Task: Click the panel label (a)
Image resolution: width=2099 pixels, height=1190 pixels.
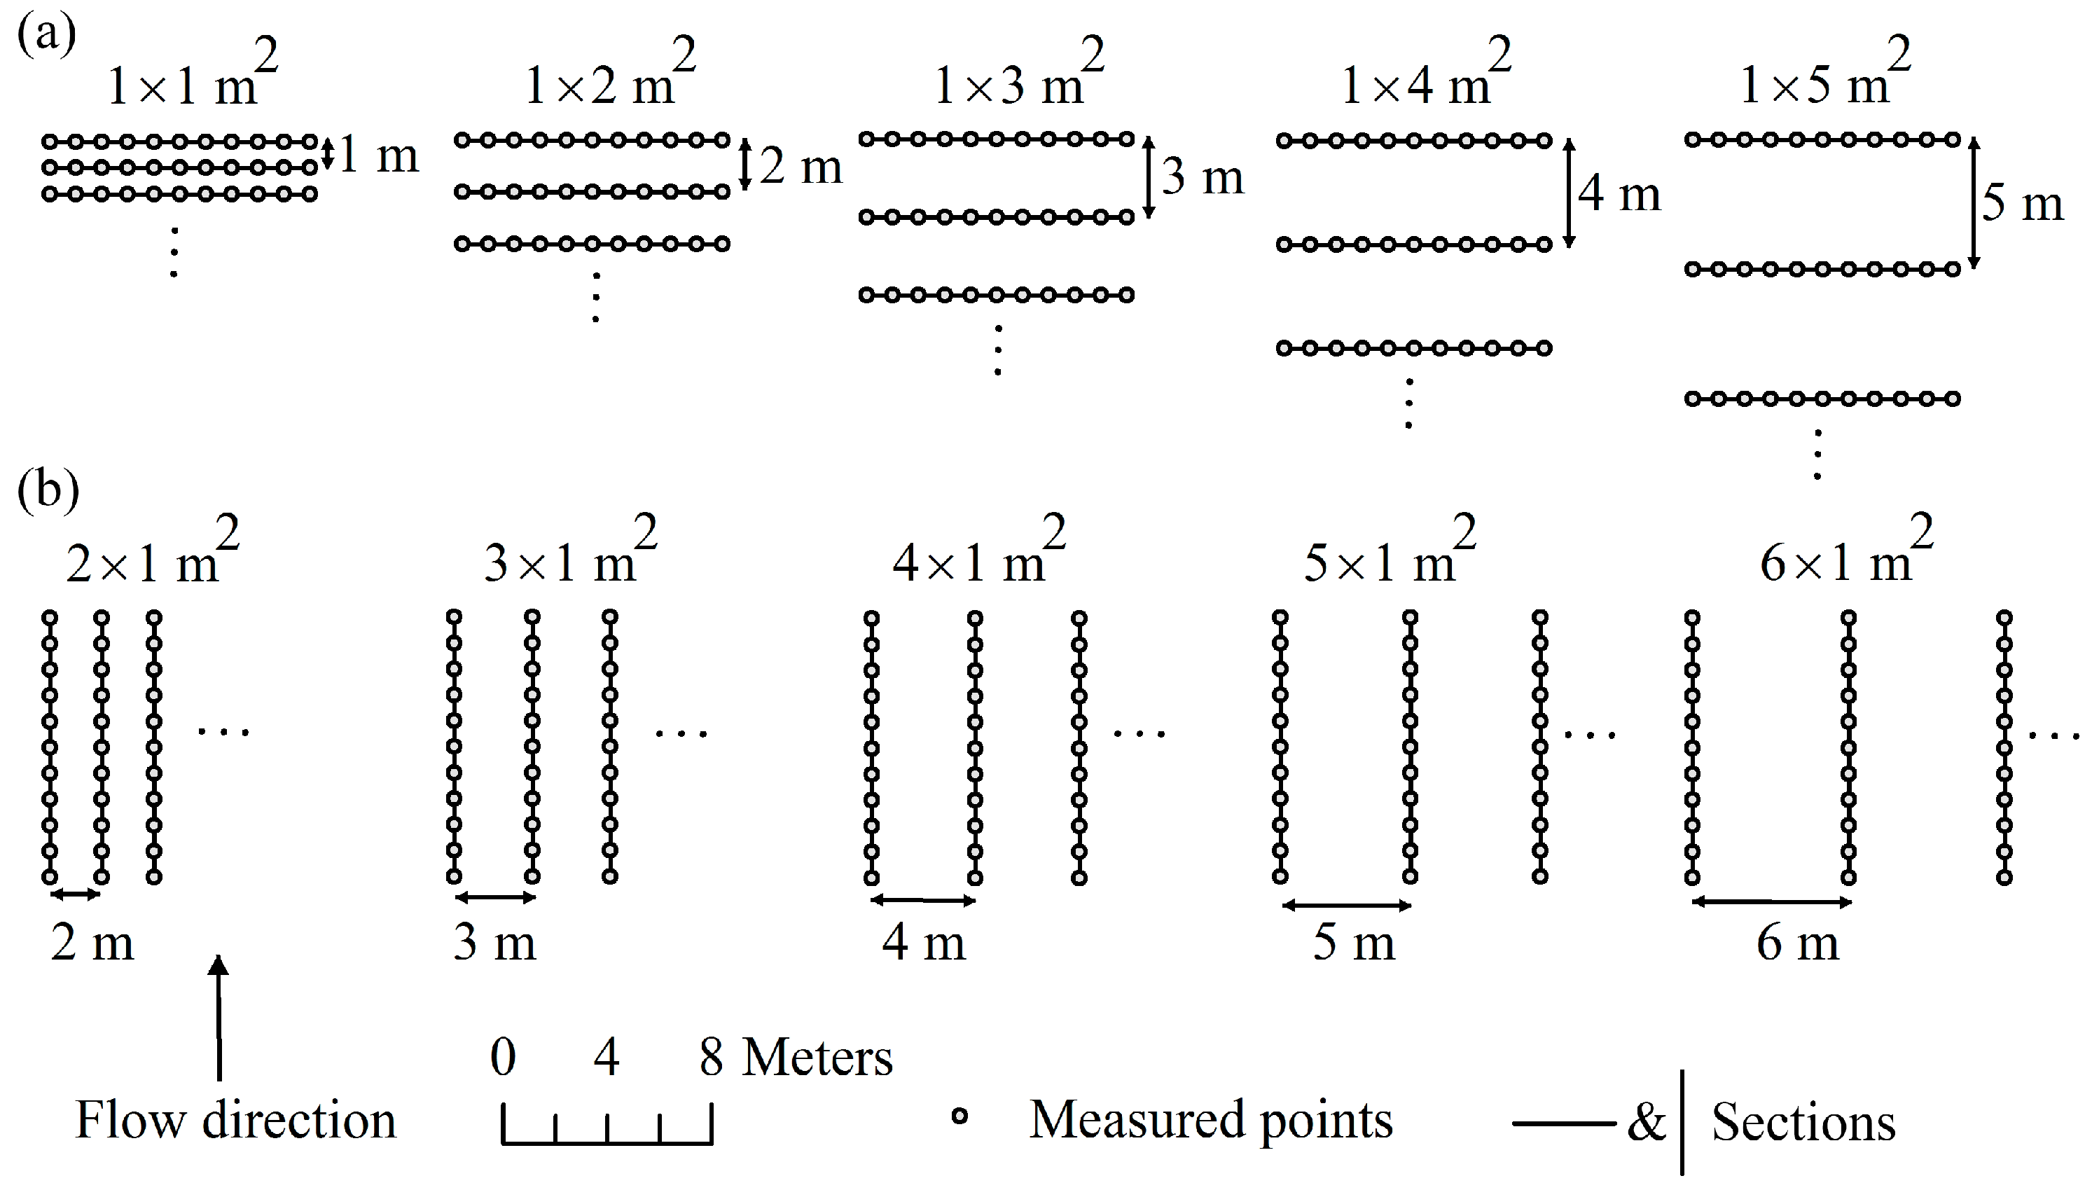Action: point(46,34)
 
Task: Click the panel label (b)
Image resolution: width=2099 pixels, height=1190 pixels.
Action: point(48,490)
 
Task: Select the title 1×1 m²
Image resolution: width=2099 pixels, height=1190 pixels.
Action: point(193,82)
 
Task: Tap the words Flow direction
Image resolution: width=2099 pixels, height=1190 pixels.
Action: point(235,1121)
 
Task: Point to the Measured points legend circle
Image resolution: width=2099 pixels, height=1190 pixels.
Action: point(960,1116)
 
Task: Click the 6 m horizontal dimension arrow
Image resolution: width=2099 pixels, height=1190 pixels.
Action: point(1771,902)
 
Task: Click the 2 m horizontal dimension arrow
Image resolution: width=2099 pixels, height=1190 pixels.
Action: point(75,895)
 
